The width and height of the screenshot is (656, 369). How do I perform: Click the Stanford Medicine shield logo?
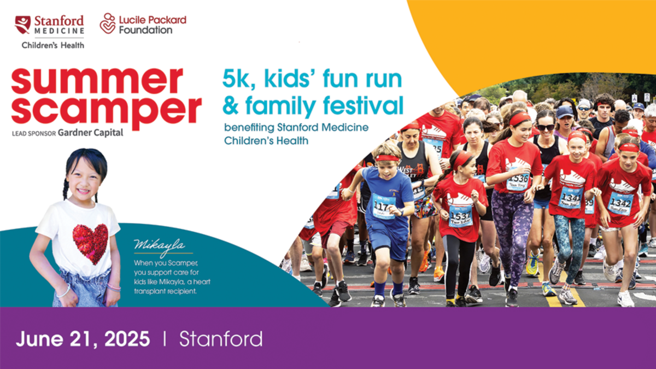click(x=22, y=25)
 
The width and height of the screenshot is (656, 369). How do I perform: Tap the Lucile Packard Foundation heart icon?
click(x=108, y=23)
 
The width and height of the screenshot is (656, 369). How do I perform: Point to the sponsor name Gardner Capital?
click(x=91, y=133)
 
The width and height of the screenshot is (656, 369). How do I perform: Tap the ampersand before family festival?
click(x=231, y=106)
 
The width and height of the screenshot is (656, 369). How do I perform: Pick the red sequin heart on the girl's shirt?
click(x=91, y=244)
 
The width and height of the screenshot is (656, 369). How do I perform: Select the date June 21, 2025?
click(x=83, y=339)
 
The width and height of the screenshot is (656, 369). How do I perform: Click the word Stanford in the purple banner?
click(x=221, y=339)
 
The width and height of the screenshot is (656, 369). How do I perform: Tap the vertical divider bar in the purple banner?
click(x=165, y=338)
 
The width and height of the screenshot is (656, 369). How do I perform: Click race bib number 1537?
click(x=460, y=216)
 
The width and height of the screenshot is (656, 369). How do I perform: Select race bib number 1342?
click(x=620, y=203)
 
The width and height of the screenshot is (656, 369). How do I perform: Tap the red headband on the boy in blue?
click(x=387, y=158)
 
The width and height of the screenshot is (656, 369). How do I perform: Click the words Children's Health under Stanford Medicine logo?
click(x=52, y=45)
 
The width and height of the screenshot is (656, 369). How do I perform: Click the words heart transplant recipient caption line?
click(x=172, y=286)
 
